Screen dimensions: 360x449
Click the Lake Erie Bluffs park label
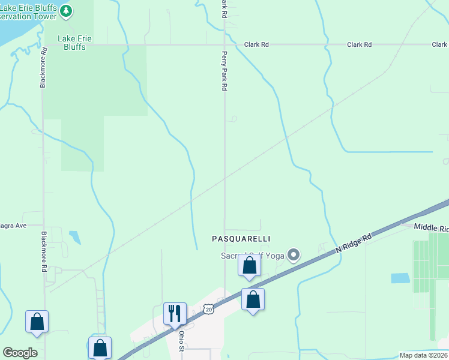point(74,43)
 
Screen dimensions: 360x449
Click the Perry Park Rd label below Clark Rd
point(224,71)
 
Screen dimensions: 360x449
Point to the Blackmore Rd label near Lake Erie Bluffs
point(43,68)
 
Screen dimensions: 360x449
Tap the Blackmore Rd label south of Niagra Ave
point(43,252)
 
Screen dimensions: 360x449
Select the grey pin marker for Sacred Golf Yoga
point(294,256)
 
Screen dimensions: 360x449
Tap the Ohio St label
point(181,340)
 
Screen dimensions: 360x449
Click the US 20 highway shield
point(208,308)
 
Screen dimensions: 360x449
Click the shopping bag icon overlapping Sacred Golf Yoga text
point(249,265)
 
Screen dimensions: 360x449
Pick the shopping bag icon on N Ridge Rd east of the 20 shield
point(253,299)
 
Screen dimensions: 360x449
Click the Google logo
point(20,353)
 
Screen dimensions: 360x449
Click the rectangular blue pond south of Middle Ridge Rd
point(400,278)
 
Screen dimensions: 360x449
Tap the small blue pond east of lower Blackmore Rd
point(75,237)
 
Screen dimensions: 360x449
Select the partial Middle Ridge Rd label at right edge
point(432,228)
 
